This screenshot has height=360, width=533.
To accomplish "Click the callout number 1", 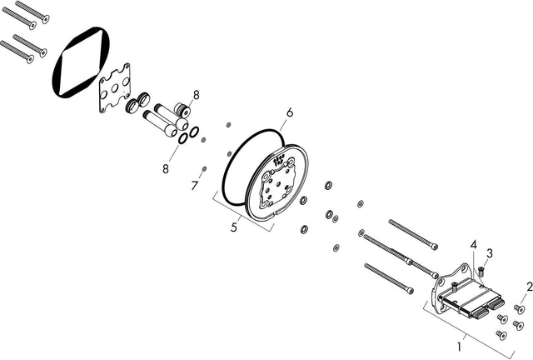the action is click(459, 347).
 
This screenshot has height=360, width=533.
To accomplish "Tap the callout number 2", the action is click(530, 287).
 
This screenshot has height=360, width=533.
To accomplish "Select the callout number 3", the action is click(490, 253).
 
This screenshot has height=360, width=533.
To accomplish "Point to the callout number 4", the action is click(474, 244).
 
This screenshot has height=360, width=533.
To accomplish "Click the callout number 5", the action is click(234, 227).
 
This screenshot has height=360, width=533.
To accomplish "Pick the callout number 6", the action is click(290, 112).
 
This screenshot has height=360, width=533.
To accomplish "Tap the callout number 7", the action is click(194, 186).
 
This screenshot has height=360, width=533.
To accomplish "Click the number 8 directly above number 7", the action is click(166, 168).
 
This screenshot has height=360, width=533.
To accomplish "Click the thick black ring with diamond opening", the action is click(82, 62).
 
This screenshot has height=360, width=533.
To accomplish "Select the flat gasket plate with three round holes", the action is click(115, 87).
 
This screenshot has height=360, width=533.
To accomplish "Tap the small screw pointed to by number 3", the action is click(481, 271).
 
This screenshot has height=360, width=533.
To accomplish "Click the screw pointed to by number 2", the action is click(519, 309).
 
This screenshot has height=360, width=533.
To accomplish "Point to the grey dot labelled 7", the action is click(205, 169).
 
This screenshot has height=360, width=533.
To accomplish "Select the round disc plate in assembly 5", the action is click(276, 182).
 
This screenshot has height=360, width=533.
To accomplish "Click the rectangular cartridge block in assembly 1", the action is click(471, 297).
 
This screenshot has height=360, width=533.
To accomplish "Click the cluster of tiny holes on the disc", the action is click(279, 158).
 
